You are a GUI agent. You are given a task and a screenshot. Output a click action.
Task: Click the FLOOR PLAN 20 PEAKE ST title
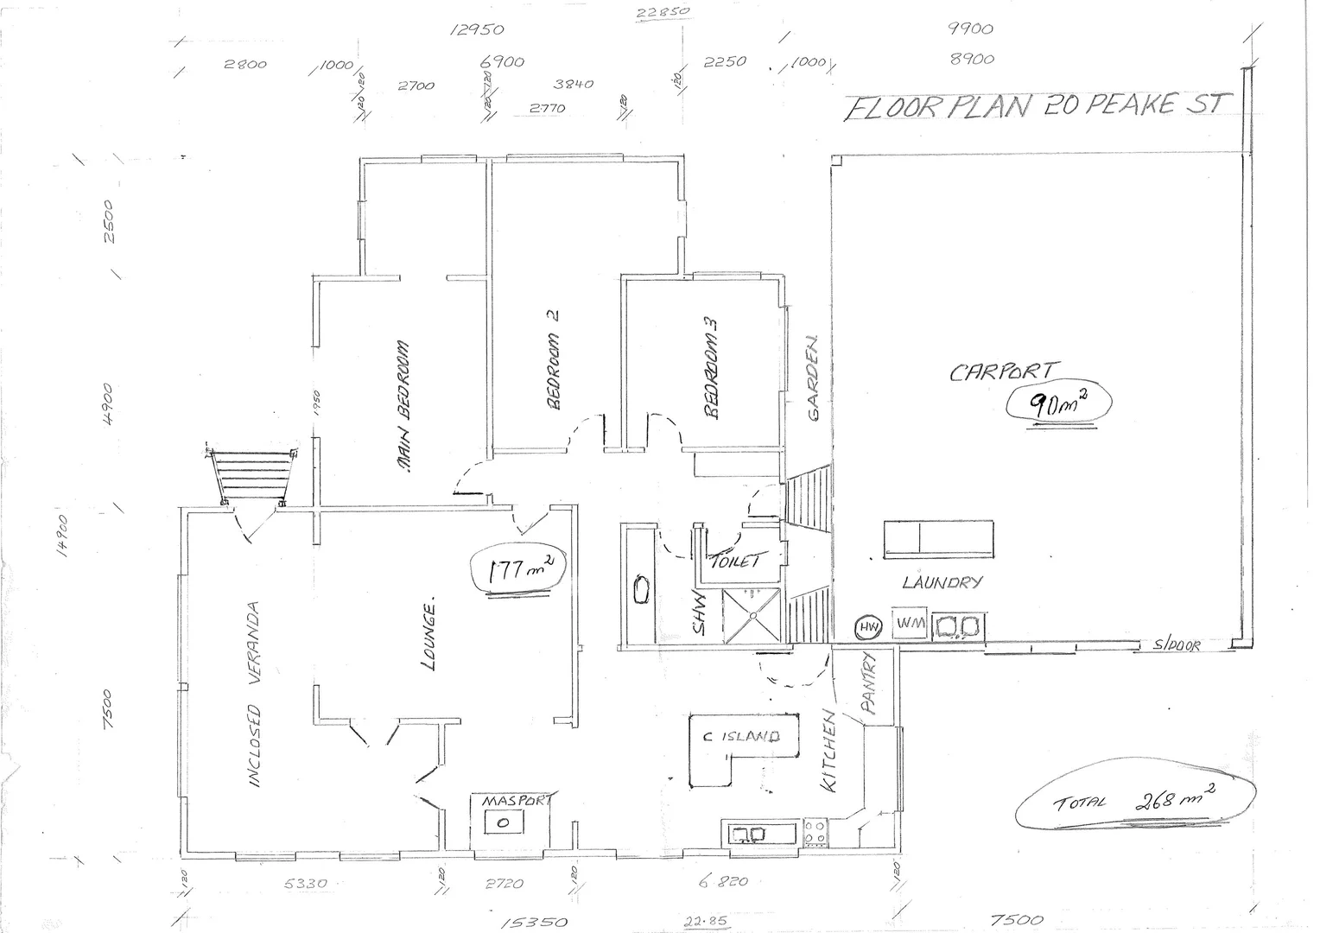coord(1033,106)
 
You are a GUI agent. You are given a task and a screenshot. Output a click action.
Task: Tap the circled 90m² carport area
coord(1057,403)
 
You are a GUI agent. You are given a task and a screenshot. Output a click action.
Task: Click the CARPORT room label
coord(1001,372)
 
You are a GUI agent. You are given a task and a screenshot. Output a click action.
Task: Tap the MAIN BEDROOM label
coord(403,406)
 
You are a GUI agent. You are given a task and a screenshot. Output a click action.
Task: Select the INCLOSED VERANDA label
coord(254,695)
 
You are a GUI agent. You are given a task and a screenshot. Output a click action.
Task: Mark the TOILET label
coord(733,562)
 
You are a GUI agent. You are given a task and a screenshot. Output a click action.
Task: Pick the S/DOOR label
coord(1176,645)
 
